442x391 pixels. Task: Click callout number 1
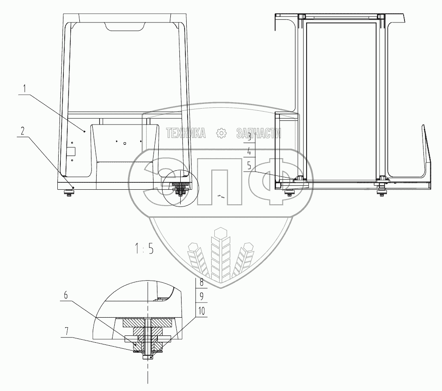click(x=25, y=89)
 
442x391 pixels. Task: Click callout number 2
click(x=22, y=131)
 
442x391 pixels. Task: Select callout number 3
click(x=249, y=137)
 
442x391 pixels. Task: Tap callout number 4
click(x=249, y=152)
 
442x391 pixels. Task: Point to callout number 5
click(x=249, y=166)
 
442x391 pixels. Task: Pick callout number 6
click(x=66, y=295)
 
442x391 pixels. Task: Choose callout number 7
click(x=66, y=331)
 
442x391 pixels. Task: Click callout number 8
click(x=201, y=282)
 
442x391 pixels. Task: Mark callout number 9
click(x=201, y=296)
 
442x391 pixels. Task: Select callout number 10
click(x=201, y=311)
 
